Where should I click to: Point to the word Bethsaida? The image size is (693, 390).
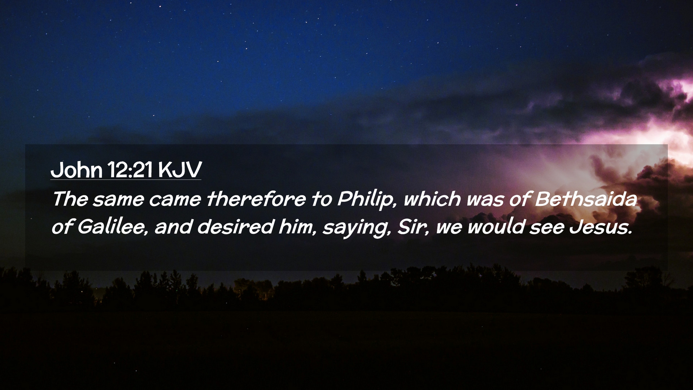pyautogui.click(x=586, y=199)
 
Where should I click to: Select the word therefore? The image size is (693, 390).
pyautogui.click(x=256, y=199)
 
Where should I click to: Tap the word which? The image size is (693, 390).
pyautogui.click(x=432, y=199)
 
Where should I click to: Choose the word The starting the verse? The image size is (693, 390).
pyautogui.click(x=70, y=199)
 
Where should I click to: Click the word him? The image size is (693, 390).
pyautogui.click(x=297, y=227)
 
